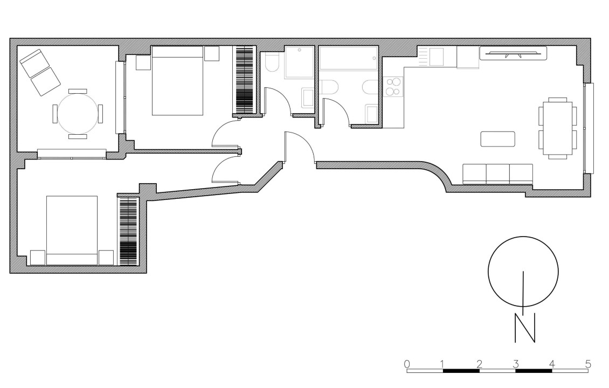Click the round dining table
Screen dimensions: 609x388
77,113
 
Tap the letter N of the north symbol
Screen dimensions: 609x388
525,328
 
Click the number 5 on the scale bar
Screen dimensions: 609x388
588,364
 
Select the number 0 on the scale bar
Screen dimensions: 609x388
407,364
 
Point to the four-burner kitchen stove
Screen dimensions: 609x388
394,87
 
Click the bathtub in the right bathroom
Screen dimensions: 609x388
348,58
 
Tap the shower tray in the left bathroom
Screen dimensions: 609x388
299,63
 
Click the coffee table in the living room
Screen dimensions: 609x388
498,139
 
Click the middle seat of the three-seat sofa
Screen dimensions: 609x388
498,174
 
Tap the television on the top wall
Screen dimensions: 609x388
513,53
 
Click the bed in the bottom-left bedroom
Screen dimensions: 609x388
72,230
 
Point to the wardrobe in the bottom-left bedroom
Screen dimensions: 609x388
129,232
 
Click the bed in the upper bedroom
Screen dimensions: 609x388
177,81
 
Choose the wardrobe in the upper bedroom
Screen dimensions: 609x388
245,80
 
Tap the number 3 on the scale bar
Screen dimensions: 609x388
515,364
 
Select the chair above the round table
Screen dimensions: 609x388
77,91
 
